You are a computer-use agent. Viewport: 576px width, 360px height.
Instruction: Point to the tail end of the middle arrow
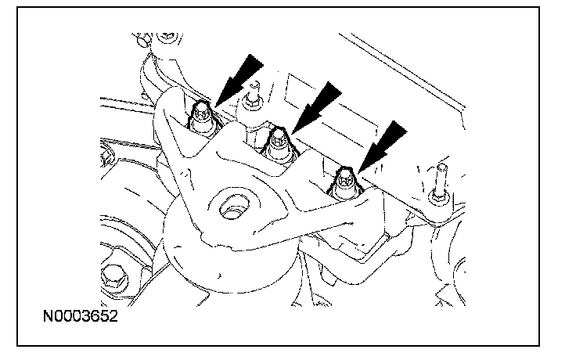click(x=335, y=88)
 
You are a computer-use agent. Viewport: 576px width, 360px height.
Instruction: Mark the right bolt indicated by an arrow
click(x=343, y=182)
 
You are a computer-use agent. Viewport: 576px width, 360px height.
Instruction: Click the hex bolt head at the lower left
click(x=112, y=277)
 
